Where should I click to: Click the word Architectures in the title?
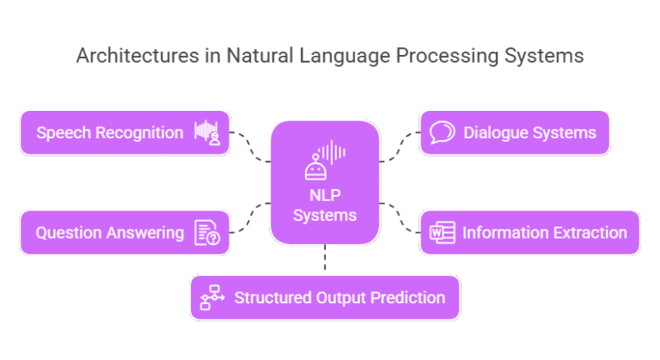point(127,57)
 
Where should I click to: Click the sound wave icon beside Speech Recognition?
point(209,133)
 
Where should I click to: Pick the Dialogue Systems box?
point(515,132)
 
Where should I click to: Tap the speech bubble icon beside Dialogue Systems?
point(442,132)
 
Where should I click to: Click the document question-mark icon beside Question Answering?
point(207,233)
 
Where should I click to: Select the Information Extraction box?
point(529,232)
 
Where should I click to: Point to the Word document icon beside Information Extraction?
point(442,233)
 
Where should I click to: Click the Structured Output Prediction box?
point(324,297)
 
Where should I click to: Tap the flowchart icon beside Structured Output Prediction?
point(211,298)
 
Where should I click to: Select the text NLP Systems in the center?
point(324,204)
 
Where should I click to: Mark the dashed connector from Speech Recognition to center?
point(251,146)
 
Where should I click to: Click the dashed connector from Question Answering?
point(251,218)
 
